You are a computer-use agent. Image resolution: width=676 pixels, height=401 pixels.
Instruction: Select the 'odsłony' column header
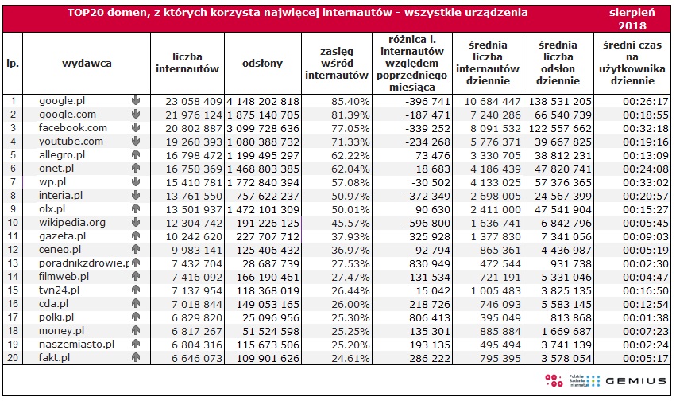[x=262, y=63]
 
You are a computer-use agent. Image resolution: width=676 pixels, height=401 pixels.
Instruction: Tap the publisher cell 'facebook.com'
[x=73, y=127]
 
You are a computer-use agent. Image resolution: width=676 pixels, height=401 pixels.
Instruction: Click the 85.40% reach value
[x=350, y=101]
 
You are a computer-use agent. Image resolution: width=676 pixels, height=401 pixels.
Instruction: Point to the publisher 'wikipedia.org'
[x=72, y=223]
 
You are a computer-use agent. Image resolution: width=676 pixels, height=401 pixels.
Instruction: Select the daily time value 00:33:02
[x=632, y=182]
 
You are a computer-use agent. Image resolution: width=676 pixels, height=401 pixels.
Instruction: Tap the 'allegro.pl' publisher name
[x=62, y=155]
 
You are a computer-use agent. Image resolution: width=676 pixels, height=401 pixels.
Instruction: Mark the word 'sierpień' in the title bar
[x=632, y=14]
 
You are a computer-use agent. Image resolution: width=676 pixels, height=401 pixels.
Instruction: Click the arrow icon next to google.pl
[x=135, y=101]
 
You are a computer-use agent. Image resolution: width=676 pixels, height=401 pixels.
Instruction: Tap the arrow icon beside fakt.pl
[x=135, y=358]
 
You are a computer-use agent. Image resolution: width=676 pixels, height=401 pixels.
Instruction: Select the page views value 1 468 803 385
[x=262, y=169]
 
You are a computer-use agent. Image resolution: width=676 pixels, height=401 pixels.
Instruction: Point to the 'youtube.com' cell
[x=71, y=141]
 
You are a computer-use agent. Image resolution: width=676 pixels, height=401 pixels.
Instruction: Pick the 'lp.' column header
[x=13, y=63]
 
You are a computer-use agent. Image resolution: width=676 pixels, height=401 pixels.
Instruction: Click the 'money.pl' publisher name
[x=62, y=330]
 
